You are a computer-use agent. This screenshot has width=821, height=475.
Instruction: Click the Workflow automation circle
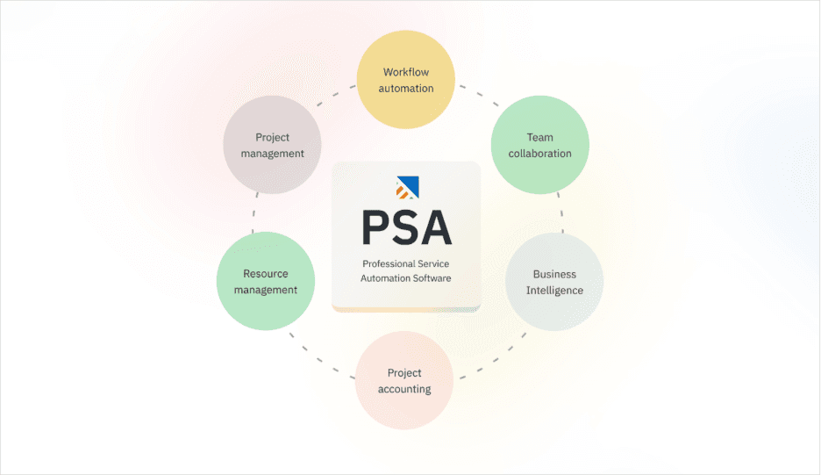[x=407, y=80]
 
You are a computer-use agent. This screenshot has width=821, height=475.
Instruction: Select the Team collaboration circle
[x=539, y=145]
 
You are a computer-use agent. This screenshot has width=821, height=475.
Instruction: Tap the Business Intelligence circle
[x=554, y=282]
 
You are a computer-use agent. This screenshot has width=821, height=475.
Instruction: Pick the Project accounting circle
[x=404, y=381]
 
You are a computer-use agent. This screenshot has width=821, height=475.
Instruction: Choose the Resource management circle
[x=266, y=282]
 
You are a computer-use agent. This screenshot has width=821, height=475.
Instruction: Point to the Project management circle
[x=272, y=145]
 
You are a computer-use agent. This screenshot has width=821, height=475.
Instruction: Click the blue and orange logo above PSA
[x=407, y=187]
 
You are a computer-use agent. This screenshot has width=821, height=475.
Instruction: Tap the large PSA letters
[x=407, y=228]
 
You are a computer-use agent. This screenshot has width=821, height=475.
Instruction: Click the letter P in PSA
[x=375, y=228]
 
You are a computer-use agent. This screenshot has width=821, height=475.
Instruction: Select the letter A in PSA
[x=436, y=228]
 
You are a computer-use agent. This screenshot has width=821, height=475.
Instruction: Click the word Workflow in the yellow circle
[x=406, y=72]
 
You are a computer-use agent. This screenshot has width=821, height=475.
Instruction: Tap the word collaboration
[x=539, y=154]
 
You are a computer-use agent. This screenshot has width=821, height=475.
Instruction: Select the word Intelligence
[x=554, y=291]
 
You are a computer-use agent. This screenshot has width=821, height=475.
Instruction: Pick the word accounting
[x=404, y=389]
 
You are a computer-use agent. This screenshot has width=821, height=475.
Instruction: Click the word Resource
[x=266, y=274]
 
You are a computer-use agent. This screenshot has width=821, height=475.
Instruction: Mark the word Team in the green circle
[x=539, y=137]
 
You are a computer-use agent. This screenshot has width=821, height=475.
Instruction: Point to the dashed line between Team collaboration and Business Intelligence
[x=561, y=213]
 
